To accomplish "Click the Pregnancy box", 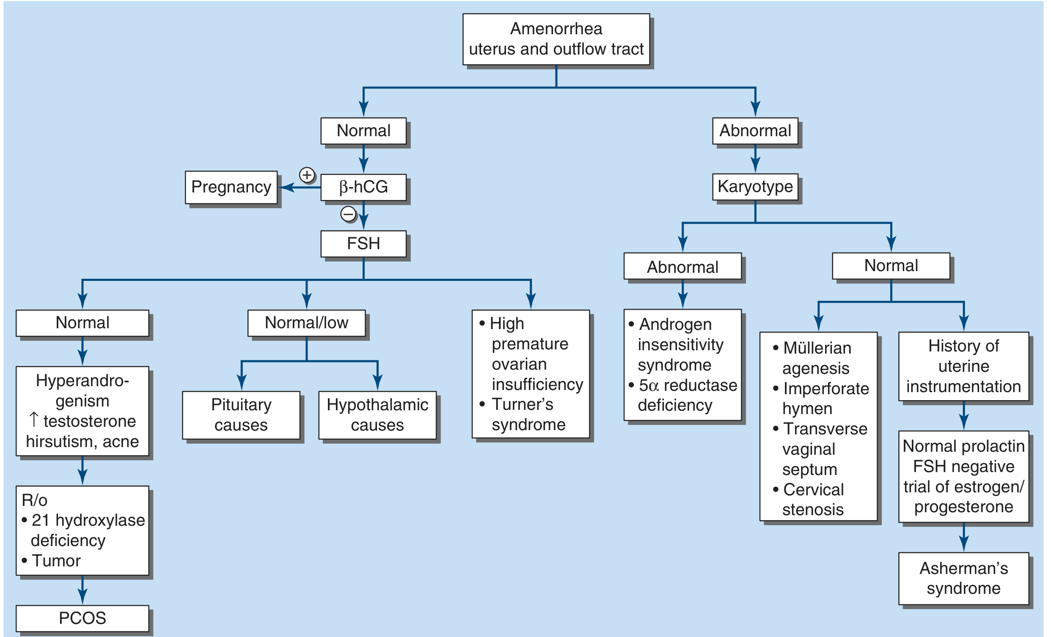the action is tap(231, 187).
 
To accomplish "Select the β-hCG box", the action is tap(363, 187).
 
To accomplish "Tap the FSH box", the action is tap(363, 244).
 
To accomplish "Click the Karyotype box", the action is tap(755, 187).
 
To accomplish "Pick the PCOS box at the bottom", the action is tap(83, 618).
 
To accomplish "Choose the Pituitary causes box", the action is tap(241, 415).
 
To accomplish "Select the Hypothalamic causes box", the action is tap(377, 415).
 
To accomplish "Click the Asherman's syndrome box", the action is tap(963, 578).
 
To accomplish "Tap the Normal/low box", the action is tap(306, 323).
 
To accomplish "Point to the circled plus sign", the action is tap(307, 175).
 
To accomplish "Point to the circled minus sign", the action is tap(348, 214).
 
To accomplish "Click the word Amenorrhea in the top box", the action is tap(556, 29).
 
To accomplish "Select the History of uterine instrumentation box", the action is tap(963, 366).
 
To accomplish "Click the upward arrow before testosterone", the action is tap(34, 420).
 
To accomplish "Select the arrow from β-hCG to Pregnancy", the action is tap(300, 187).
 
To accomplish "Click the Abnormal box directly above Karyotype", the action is tap(755, 131).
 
